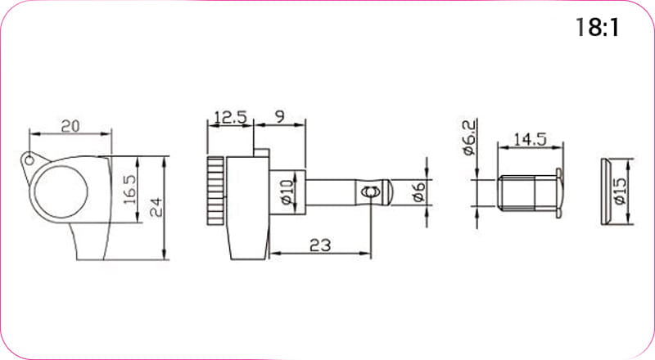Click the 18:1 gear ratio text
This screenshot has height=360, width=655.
point(598,28)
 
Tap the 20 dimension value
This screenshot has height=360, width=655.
point(70,126)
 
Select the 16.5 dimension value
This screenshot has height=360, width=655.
point(130,189)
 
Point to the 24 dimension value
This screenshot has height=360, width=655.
point(156,207)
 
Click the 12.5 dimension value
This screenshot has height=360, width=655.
point(231,117)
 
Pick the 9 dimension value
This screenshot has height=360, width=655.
point(280,116)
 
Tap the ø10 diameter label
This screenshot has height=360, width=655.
point(288,192)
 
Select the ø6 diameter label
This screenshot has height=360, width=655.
point(418,192)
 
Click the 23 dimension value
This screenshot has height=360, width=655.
point(320,245)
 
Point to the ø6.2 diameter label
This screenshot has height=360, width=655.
point(469,137)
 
